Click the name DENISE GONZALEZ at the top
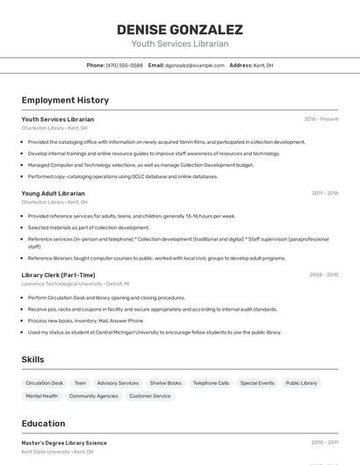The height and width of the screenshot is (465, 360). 180,30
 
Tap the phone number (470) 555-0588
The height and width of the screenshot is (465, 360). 124,66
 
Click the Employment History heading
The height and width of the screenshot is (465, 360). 65,100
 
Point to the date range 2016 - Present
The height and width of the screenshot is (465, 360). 321,119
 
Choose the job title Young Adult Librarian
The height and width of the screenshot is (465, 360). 53,193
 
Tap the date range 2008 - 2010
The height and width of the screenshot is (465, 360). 323,275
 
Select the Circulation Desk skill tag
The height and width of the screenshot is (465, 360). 45,383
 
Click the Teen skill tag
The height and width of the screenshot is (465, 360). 80,383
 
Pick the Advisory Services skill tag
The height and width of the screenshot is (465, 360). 118,383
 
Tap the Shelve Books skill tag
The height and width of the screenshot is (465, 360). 165,383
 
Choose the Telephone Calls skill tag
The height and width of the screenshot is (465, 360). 211,383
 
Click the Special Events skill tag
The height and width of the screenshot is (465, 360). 257,383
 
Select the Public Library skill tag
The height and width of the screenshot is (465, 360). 301,383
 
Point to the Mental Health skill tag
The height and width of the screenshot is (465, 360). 41,397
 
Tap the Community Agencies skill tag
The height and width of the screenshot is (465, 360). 93,397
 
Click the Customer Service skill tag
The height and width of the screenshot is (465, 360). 150,397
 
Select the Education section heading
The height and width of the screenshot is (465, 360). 43,423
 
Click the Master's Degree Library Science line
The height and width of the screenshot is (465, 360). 64,443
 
